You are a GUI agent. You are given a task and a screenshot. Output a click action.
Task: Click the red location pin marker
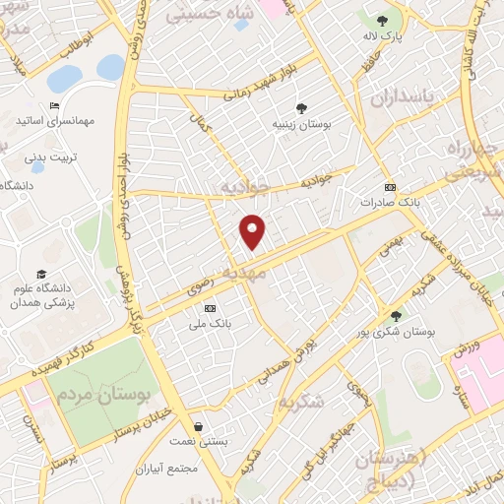(x=253, y=230)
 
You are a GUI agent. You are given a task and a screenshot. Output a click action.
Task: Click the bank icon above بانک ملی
(x=209, y=308)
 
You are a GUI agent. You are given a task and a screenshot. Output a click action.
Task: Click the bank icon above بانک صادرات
(x=391, y=187)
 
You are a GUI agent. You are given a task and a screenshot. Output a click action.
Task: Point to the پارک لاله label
(x=383, y=34)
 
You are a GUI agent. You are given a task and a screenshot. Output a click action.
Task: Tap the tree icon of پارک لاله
(x=383, y=19)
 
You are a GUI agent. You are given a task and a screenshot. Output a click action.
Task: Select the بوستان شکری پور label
(x=397, y=332)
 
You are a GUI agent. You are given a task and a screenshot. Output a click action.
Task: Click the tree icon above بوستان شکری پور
(x=396, y=316)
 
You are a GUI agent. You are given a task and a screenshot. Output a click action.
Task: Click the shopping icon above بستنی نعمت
(x=201, y=426)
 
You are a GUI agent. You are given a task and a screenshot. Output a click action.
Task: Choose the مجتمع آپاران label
(x=168, y=469)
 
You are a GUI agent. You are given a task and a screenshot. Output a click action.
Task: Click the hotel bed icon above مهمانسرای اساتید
(x=53, y=106)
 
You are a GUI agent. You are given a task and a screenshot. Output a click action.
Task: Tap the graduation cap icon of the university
(x=41, y=274)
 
